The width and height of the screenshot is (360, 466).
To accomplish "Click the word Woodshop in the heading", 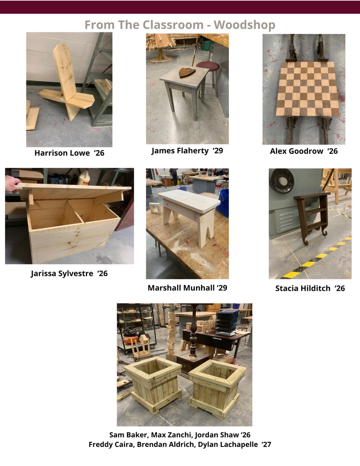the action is click(244, 25).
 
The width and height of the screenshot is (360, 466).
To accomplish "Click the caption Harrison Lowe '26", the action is click(70, 153).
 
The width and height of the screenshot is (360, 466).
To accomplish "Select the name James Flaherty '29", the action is click(188, 151).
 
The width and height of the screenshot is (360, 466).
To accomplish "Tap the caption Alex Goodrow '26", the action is click(304, 151).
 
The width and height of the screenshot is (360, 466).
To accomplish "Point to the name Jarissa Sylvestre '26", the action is click(69, 274).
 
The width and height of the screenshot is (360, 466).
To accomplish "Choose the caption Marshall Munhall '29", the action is click(188, 288).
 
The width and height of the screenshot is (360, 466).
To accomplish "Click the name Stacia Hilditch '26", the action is click(310, 288).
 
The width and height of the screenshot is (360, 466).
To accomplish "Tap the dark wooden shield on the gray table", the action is click(187, 72).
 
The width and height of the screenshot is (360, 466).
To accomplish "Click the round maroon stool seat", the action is click(207, 66).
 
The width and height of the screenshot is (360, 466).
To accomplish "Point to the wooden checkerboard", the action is click(307, 89).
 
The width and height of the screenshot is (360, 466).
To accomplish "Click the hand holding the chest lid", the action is click(12, 184).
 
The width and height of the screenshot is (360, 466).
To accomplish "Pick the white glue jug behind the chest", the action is click(84, 177).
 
